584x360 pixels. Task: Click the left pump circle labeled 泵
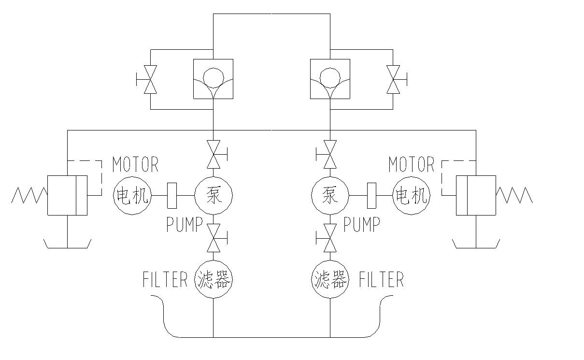(x=214, y=195)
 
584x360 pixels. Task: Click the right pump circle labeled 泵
(x=330, y=195)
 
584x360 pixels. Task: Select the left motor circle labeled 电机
(x=132, y=195)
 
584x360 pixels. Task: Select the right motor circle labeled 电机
(x=412, y=195)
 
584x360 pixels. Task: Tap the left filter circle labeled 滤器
(x=214, y=279)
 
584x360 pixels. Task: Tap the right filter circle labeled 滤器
(x=330, y=279)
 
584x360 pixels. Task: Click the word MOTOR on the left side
(x=135, y=165)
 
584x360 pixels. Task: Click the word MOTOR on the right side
(x=412, y=165)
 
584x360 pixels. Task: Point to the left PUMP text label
(x=184, y=225)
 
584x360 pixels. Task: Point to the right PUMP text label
(x=362, y=225)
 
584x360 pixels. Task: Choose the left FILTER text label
(x=165, y=280)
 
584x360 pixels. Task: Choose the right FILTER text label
(x=381, y=280)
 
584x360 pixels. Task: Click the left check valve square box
(x=213, y=79)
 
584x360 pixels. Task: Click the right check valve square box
(x=330, y=79)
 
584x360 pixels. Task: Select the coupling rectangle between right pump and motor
(x=371, y=195)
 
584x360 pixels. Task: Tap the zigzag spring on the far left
(x=29, y=195)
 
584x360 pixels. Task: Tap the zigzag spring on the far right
(x=514, y=195)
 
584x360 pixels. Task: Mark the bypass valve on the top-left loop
(x=151, y=79)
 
